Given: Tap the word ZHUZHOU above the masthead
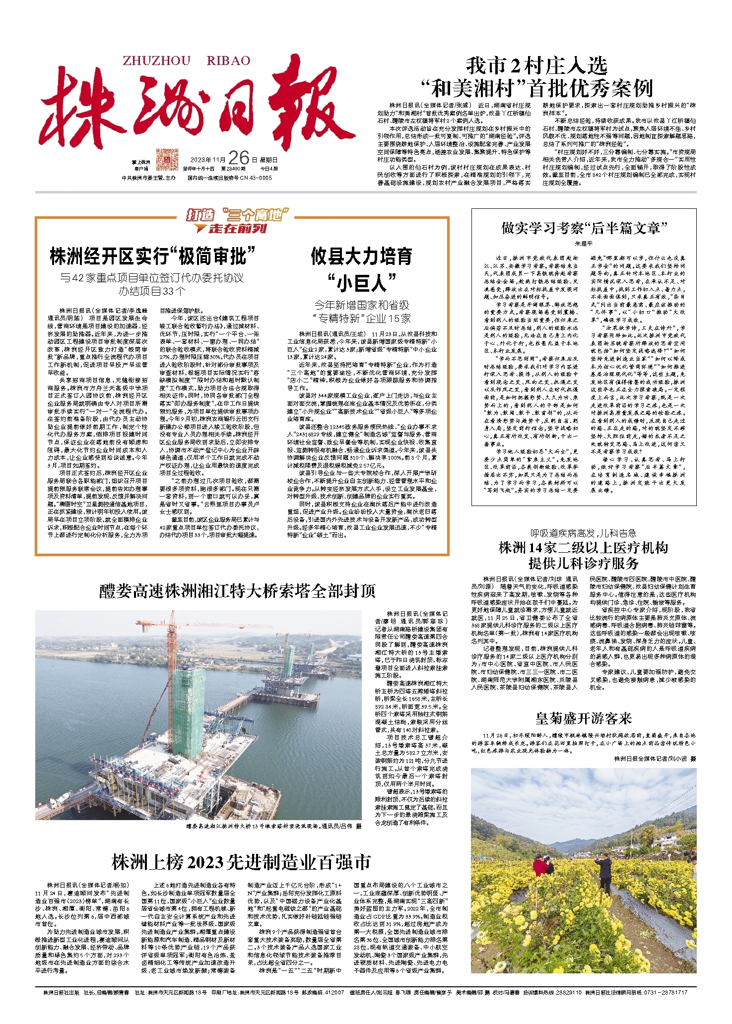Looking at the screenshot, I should pos(156,61).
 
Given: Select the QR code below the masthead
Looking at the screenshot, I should pos(167,159).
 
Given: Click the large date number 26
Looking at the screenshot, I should pos(239,158).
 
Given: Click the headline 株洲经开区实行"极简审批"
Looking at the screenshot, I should pos(152,256).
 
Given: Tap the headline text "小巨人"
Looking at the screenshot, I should pos(361,283).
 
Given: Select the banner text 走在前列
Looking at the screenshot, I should pos(238,229).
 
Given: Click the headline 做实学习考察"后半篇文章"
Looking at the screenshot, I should pos(584,228).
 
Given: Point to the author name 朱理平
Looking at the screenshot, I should pos(584,244).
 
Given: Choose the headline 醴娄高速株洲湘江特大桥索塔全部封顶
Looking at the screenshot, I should pos(237,591).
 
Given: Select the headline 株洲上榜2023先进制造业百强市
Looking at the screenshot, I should pos(241,862).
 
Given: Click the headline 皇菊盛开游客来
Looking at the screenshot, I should pos(583,718).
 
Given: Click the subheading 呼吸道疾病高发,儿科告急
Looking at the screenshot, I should pos(583,533).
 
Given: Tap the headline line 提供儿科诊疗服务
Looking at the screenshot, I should pos(583,564).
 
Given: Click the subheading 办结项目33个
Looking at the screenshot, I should pos(152,291).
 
